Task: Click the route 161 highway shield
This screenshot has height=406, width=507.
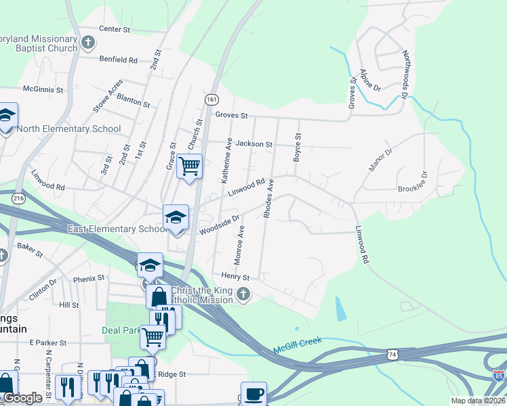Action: [x=211, y=99]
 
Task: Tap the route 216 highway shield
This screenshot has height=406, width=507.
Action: [x=18, y=198]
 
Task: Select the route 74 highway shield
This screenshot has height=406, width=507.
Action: [x=393, y=354]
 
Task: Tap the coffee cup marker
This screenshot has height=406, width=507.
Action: [x=254, y=393]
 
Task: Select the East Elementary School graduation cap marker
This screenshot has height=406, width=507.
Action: [x=176, y=218]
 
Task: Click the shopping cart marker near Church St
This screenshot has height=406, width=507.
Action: [x=190, y=164]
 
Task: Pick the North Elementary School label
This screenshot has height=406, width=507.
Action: [x=69, y=129]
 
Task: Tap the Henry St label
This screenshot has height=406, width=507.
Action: [x=236, y=277]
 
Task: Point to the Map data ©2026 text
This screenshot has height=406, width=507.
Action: [x=478, y=401]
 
